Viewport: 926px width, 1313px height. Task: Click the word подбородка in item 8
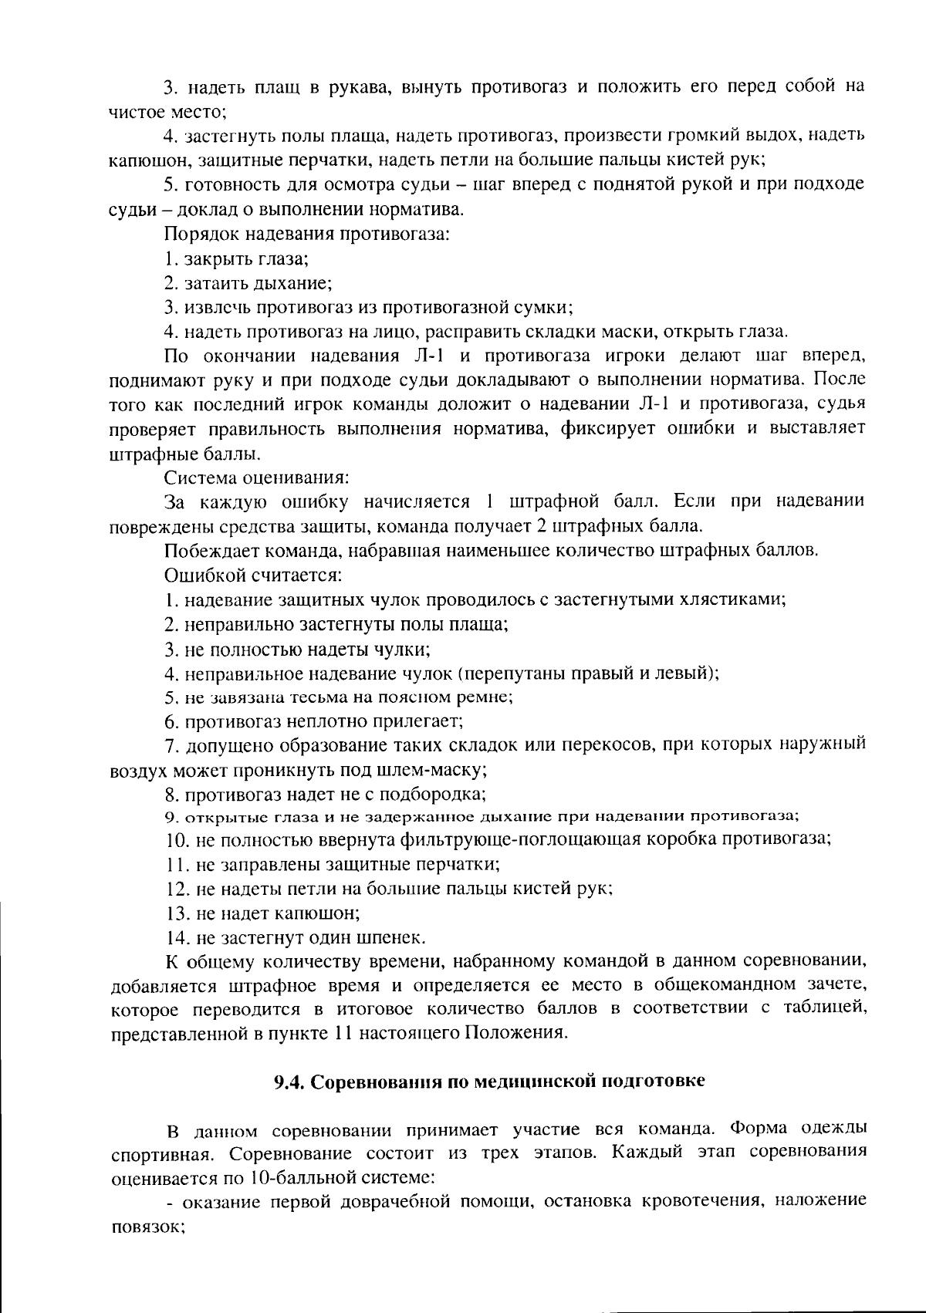[x=438, y=793]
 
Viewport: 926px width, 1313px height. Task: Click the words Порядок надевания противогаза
[x=306, y=233]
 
